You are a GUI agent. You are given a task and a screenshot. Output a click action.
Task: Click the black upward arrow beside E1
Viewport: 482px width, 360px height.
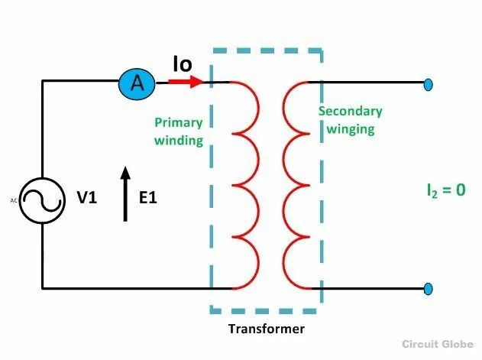pos(126,196)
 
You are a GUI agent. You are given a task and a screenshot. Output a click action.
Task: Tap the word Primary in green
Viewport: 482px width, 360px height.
pos(179,122)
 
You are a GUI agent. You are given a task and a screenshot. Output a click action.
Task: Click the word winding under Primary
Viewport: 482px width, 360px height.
pos(179,140)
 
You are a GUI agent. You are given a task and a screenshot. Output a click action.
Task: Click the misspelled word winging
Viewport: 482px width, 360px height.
pos(351,128)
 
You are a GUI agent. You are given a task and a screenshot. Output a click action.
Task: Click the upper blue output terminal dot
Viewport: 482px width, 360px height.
pos(429,83)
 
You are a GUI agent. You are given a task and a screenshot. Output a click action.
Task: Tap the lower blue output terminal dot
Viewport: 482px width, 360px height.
pos(429,288)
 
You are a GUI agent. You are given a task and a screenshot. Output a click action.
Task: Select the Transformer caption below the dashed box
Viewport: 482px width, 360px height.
pos(267,329)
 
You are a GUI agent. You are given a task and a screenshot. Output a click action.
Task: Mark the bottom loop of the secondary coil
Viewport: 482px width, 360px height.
pos(295,263)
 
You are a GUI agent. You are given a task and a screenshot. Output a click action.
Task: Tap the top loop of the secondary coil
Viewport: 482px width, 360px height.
pos(295,107)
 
